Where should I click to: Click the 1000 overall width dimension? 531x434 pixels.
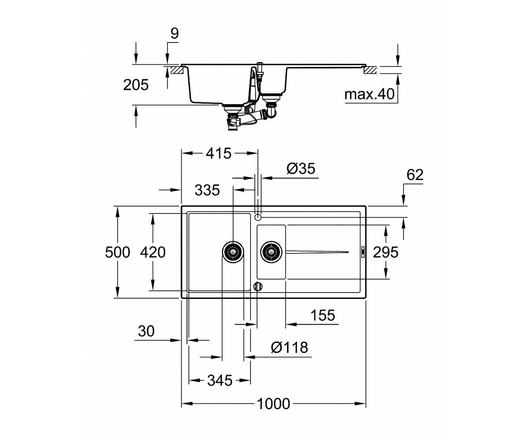pyautogui.click(x=274, y=404)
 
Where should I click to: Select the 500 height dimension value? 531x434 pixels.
pyautogui.click(x=117, y=252)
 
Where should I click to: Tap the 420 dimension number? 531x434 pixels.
pyautogui.click(x=153, y=252)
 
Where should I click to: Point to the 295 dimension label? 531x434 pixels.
pyautogui.click(x=386, y=252)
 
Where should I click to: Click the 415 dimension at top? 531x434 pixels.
pyautogui.click(x=218, y=153)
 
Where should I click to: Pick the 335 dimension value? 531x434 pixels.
pyautogui.click(x=207, y=190)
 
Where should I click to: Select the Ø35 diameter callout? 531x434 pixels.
pyautogui.click(x=301, y=168)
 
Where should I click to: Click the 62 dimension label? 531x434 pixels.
pyautogui.click(x=415, y=175)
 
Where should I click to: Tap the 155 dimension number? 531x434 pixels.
pyautogui.click(x=323, y=315)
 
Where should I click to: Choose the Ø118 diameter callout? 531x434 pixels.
pyautogui.click(x=290, y=347)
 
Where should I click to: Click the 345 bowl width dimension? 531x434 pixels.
pyautogui.click(x=220, y=380)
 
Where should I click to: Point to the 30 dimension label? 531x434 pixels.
pyautogui.click(x=146, y=331)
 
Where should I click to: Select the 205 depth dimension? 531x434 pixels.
pyautogui.click(x=136, y=85)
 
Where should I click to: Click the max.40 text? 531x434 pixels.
pyautogui.click(x=369, y=94)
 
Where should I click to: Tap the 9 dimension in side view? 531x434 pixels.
pyautogui.click(x=175, y=33)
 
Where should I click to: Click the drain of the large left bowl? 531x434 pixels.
pyautogui.click(x=233, y=252)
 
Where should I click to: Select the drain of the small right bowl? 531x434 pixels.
pyautogui.click(x=271, y=252)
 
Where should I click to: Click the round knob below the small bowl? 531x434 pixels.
pyautogui.click(x=258, y=286)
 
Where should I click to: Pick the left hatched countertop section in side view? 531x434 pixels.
pyautogui.click(x=176, y=70)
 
